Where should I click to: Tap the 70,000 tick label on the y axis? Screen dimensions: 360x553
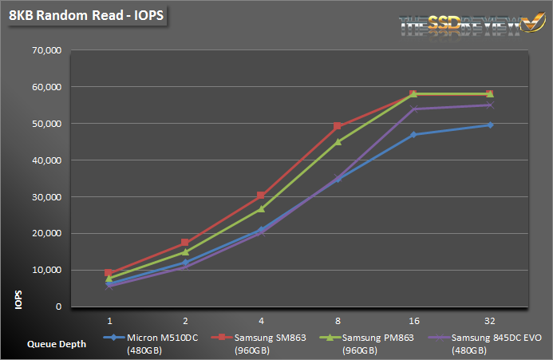[46, 50]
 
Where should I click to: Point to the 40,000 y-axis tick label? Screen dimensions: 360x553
[46, 160]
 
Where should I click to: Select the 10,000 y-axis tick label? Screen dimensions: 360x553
[46, 271]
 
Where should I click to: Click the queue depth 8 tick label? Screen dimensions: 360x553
[338, 318]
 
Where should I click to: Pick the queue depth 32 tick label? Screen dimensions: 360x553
[489, 318]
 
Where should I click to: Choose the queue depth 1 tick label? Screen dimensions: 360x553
[109, 318]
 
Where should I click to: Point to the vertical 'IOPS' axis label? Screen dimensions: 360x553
[18, 299]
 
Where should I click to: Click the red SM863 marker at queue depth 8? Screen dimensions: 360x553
[338, 125]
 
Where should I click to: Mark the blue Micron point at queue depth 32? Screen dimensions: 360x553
[489, 125]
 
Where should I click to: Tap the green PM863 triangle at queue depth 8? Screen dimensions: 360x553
[338, 141]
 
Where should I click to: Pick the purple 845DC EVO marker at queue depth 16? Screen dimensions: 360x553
[413, 109]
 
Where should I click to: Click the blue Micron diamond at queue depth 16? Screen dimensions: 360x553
[413, 134]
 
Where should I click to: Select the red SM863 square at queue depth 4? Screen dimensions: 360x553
[262, 195]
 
